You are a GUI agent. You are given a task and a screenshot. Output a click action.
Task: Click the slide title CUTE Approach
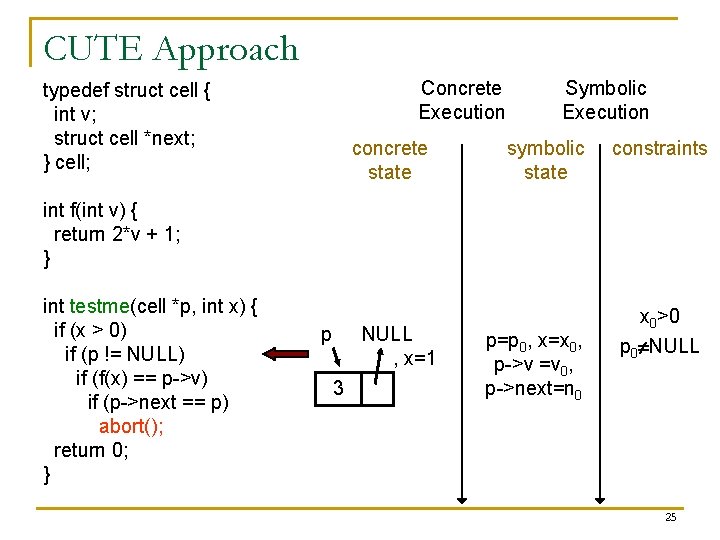171,49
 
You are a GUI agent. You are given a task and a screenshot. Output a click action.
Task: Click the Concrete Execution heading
461,100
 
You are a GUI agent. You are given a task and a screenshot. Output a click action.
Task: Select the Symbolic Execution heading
605,100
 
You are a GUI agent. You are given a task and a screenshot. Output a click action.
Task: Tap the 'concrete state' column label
389,160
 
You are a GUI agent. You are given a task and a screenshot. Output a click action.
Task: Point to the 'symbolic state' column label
545,160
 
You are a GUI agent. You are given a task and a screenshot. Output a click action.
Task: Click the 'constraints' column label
659,149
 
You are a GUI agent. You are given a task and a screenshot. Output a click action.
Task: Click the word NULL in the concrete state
387,334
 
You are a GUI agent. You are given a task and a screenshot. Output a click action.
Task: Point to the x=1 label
416,358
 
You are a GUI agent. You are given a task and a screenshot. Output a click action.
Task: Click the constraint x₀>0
659,318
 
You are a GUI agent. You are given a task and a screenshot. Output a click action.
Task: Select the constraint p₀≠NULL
659,348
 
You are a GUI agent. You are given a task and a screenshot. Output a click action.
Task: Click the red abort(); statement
132,426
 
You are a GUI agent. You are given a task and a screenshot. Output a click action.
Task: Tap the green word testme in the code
100,306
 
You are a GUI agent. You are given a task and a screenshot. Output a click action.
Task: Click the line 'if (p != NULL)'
125,354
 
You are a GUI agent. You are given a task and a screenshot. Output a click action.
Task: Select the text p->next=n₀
533,388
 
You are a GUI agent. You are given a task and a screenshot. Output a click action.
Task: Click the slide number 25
670,517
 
